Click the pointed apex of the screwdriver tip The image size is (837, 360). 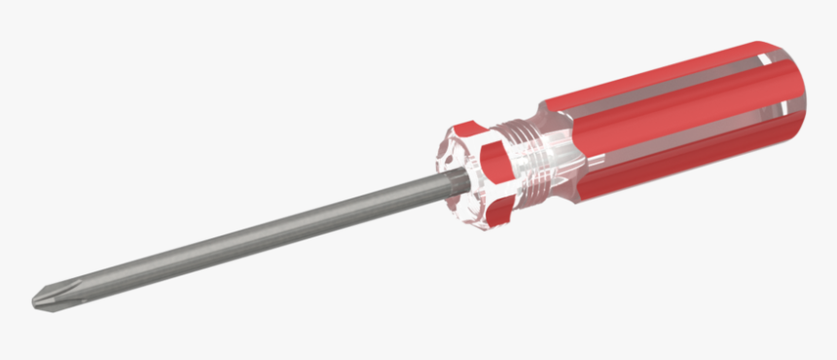coord(34,302)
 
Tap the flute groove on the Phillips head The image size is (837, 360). coord(49,295)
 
